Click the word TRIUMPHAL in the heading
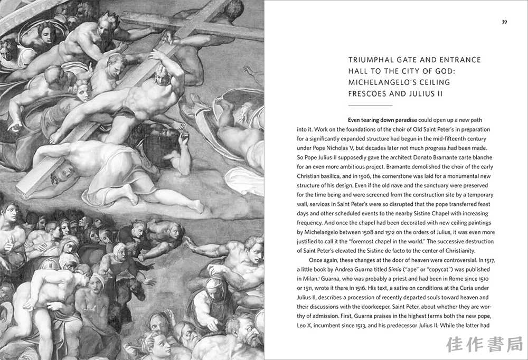370,60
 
